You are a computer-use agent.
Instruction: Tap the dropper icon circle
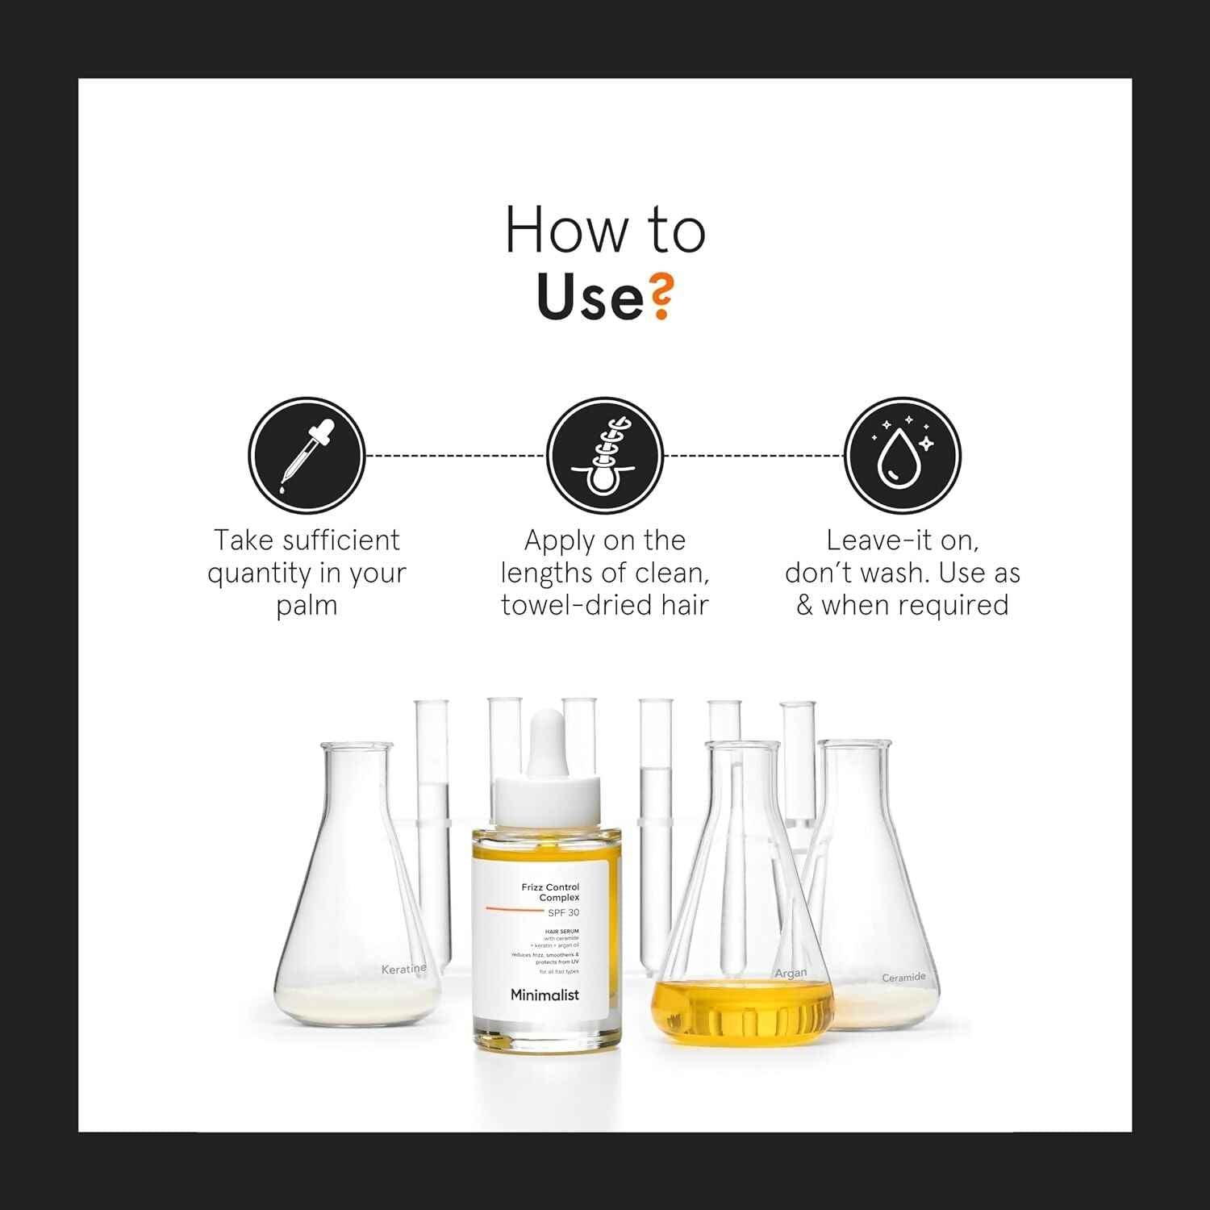point(307,456)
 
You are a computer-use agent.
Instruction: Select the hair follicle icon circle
point(605,456)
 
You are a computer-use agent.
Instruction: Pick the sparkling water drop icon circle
point(903,456)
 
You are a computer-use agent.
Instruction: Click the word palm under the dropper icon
point(307,606)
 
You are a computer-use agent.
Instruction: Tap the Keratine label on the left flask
point(403,969)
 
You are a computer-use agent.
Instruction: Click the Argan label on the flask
point(791,974)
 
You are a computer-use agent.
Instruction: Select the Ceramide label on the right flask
point(903,978)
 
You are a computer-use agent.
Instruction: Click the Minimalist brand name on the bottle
point(544,995)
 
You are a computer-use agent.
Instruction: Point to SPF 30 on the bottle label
point(563,912)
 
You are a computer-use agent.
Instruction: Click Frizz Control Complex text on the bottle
point(551,892)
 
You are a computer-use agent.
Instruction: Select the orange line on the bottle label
point(515,910)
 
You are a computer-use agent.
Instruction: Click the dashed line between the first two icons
point(456,456)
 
